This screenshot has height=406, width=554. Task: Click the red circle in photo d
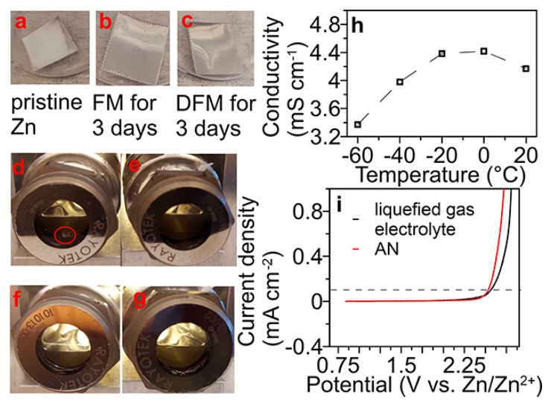(66, 236)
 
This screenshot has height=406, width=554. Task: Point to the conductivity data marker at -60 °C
(358, 124)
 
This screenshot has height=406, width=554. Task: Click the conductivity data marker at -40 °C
(400, 82)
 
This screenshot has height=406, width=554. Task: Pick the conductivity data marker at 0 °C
(484, 51)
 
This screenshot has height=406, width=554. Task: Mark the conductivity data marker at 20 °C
(526, 68)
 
